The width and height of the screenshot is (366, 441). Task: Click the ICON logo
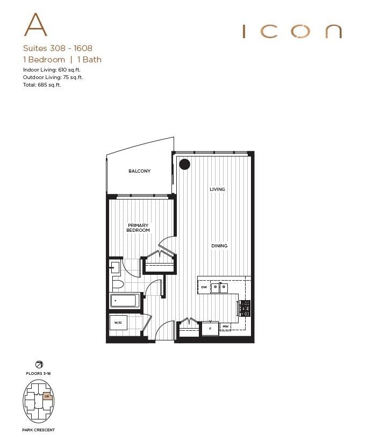pyautogui.click(x=292, y=31)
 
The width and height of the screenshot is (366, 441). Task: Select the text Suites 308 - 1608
pyautogui.click(x=58, y=48)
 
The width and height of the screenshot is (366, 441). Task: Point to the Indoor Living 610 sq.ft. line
pyautogui.click(x=53, y=70)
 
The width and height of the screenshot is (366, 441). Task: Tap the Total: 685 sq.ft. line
pyautogui.click(x=42, y=85)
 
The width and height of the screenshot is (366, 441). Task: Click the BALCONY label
pyautogui.click(x=139, y=171)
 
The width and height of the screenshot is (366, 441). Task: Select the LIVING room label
pyautogui.click(x=217, y=189)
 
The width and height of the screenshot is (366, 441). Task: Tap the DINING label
pyautogui.click(x=219, y=246)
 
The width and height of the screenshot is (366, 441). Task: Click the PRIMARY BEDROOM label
pyautogui.click(x=138, y=227)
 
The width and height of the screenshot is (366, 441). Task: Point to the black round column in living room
pyautogui.click(x=184, y=164)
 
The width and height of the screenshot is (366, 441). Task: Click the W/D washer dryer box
pyautogui.click(x=119, y=323)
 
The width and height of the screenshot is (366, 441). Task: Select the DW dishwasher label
pyautogui.click(x=204, y=288)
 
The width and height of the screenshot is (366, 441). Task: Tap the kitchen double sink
pyautogui.click(x=218, y=288)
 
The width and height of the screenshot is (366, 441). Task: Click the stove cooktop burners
pyautogui.click(x=245, y=308)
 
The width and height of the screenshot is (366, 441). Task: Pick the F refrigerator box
pyautogui.click(x=210, y=326)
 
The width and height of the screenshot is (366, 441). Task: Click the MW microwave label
pyautogui.click(x=226, y=326)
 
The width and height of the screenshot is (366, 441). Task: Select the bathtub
pyautogui.click(x=125, y=301)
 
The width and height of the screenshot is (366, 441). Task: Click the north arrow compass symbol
pyautogui.click(x=38, y=364)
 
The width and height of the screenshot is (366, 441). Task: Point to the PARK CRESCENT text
pyautogui.click(x=38, y=430)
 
